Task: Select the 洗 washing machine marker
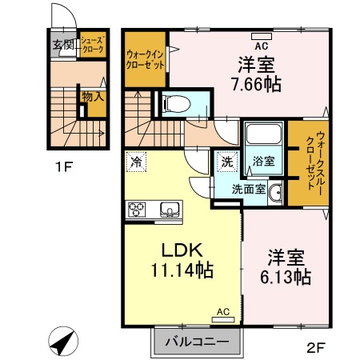coord(226,162)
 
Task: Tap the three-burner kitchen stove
coord(136,210)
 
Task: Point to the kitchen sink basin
coord(170,210)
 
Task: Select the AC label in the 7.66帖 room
coord(260,34)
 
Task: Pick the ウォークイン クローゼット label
coord(144,60)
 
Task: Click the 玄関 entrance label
coord(63,45)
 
